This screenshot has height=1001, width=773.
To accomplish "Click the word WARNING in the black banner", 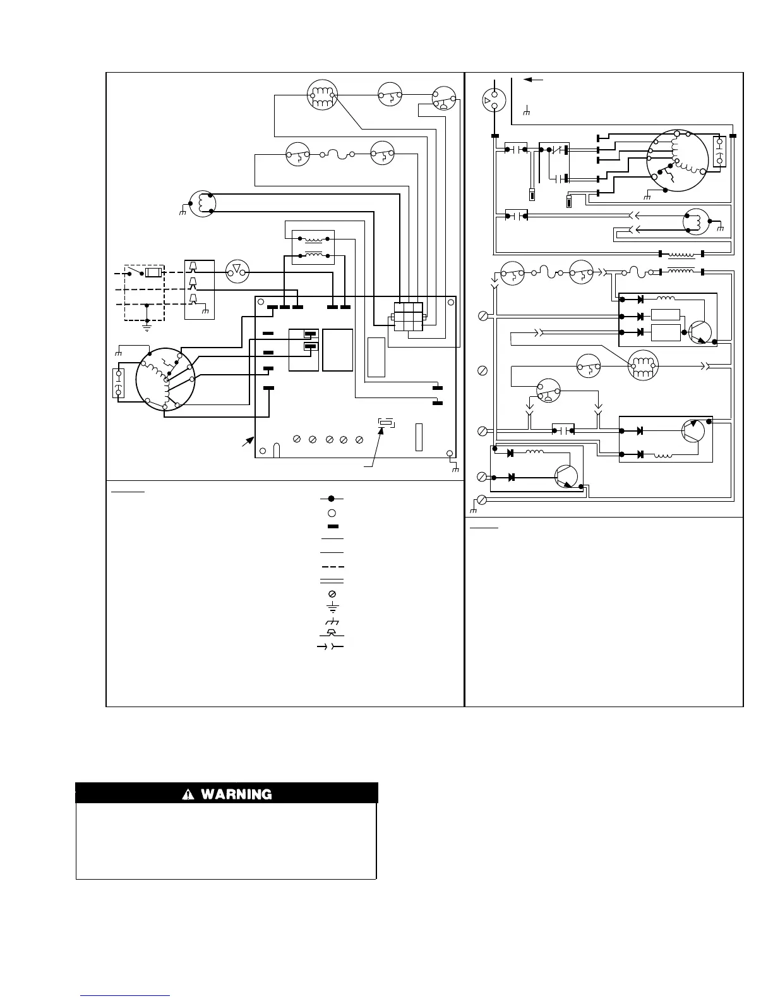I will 236,794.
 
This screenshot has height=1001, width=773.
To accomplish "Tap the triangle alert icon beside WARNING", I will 188,794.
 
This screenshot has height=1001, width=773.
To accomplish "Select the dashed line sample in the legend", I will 332,566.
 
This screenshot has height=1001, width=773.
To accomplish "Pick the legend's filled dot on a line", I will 332,499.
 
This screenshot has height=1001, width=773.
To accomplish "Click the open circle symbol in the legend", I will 332,513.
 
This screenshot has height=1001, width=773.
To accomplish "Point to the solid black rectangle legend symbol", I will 332,526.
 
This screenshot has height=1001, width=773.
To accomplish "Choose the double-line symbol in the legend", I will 332,580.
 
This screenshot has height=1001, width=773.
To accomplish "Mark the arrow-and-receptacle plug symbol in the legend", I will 330,646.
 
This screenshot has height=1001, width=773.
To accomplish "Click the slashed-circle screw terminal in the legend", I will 332,594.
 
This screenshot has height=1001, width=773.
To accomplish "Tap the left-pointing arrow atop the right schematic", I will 533,80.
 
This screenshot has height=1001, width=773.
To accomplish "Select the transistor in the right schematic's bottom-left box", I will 565,476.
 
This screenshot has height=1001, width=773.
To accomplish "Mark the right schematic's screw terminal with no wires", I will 483,369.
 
